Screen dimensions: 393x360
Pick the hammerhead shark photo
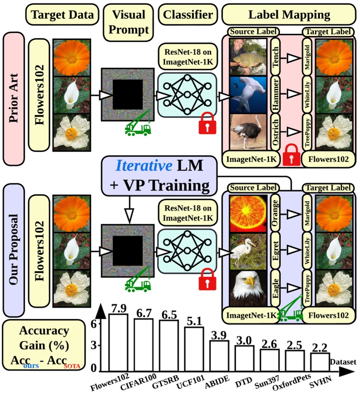pyautogui.click(x=248, y=94)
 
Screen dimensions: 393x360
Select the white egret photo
pyautogui.click(x=248, y=251)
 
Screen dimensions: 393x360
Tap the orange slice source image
pyautogui.click(x=248, y=213)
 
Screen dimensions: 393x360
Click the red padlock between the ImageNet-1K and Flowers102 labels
pyautogui.click(x=290, y=157)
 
